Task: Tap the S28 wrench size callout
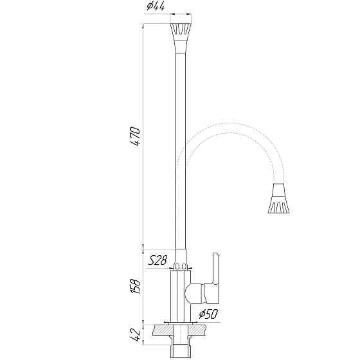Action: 157,260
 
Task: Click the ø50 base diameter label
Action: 208,315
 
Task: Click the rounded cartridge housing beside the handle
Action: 195,295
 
